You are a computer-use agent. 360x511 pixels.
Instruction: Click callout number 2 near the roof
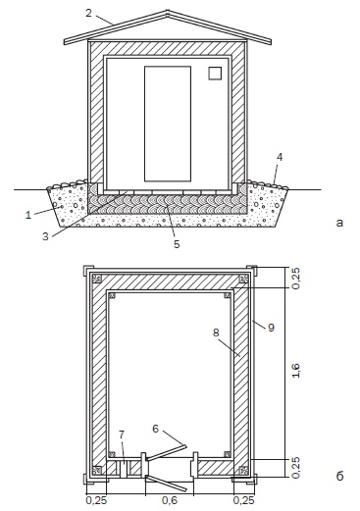point(88,13)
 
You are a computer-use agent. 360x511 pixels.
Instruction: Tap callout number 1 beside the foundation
point(28,215)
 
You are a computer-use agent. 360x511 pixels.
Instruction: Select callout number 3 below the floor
point(45,236)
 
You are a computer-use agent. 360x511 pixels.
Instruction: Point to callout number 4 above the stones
point(280,157)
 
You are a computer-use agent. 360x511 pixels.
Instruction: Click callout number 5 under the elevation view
point(177,244)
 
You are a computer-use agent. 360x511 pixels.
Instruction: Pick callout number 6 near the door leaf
point(156,429)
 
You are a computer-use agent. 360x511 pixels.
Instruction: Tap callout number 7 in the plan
point(122,434)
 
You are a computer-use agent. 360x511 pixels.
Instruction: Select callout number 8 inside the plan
point(216,332)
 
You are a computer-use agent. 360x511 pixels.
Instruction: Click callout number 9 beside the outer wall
point(271,328)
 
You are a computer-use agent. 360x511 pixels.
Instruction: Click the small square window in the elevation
point(215,74)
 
